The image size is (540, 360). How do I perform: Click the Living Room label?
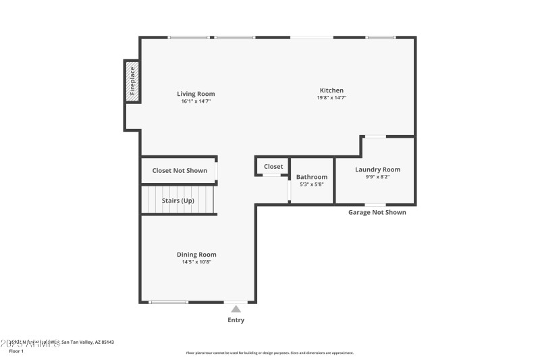pyautogui.click(x=196, y=94)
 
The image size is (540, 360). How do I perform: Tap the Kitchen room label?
pyautogui.click(x=331, y=91)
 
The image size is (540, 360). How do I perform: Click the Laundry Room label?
pyautogui.click(x=377, y=170)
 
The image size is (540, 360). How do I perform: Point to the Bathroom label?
pyautogui.click(x=312, y=177)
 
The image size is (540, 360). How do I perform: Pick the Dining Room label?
pyautogui.click(x=196, y=255)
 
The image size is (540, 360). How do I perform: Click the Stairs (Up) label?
pyautogui.click(x=178, y=201)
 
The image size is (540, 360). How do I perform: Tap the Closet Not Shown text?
pyautogui.click(x=180, y=171)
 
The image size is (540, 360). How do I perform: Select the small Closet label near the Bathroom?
pyautogui.click(x=273, y=166)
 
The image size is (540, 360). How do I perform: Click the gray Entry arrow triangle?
pyautogui.click(x=236, y=309)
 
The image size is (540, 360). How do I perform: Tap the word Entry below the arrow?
pyautogui.click(x=236, y=320)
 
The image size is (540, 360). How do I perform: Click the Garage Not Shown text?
pyautogui.click(x=377, y=212)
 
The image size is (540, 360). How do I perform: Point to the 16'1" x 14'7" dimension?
pyautogui.click(x=196, y=102)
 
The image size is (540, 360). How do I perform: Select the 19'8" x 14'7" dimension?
pyautogui.click(x=331, y=98)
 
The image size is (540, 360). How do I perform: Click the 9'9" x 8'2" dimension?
pyautogui.click(x=377, y=177)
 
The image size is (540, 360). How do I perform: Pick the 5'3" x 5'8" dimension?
pyautogui.click(x=312, y=184)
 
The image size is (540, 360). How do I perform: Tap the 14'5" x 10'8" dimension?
pyautogui.click(x=196, y=262)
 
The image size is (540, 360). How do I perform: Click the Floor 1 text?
pyautogui.click(x=16, y=351)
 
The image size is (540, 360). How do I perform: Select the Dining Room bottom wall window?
pyautogui.click(x=169, y=302)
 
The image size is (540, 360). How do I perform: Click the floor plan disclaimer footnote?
pyautogui.click(x=269, y=353)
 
